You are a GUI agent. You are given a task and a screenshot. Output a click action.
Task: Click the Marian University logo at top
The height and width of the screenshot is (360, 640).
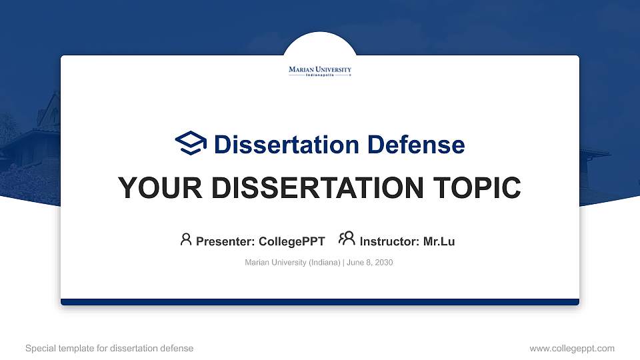[320, 70]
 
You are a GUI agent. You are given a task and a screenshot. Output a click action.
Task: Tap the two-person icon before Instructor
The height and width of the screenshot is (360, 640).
[347, 239]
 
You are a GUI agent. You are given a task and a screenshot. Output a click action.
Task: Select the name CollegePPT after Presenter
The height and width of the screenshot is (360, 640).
[291, 241]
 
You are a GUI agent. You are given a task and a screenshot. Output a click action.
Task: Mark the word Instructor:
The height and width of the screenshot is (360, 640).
[389, 241]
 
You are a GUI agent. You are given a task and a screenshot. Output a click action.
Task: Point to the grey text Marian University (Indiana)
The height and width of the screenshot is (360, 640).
[293, 263]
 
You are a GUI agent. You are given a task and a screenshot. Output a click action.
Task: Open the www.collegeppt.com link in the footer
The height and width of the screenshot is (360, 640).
[572, 348]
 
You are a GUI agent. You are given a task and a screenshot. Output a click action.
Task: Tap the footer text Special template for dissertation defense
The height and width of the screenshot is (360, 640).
[109, 348]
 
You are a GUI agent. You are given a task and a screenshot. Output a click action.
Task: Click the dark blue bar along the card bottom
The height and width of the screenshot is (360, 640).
[320, 302]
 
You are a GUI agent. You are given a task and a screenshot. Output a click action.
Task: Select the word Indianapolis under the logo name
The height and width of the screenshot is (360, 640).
[320, 75]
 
